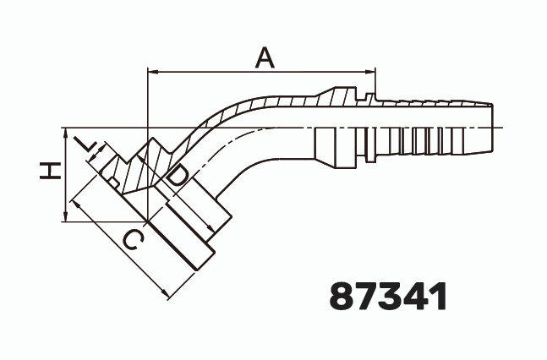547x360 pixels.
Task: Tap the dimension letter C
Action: [131, 241]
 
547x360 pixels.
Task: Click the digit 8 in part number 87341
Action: [343, 296]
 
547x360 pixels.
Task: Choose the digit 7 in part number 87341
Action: [369, 296]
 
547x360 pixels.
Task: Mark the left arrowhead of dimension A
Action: [151, 72]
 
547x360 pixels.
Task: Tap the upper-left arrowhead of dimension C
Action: [74, 203]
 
